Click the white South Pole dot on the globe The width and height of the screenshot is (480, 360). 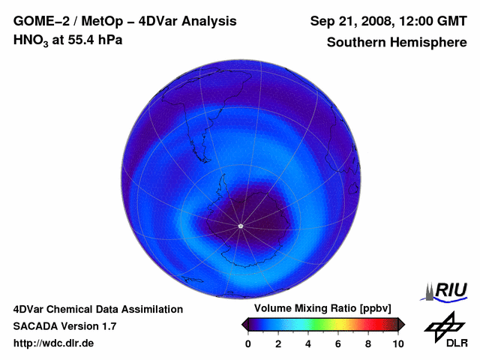point(240,226)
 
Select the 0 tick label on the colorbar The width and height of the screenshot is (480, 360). point(248,343)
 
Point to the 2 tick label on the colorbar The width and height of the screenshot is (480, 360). point(278,343)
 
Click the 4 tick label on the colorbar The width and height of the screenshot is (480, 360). point(308,343)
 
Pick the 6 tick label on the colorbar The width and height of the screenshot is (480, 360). point(338,343)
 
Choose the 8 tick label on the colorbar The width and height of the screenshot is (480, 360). point(368,343)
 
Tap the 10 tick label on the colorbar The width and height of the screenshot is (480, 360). point(397,343)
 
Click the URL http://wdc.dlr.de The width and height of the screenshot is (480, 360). point(54,343)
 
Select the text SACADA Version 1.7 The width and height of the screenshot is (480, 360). point(64,326)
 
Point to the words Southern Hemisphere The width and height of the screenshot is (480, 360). point(396,42)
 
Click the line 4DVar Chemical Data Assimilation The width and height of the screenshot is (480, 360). point(97,309)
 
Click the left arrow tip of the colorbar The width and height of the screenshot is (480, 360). point(244,323)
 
